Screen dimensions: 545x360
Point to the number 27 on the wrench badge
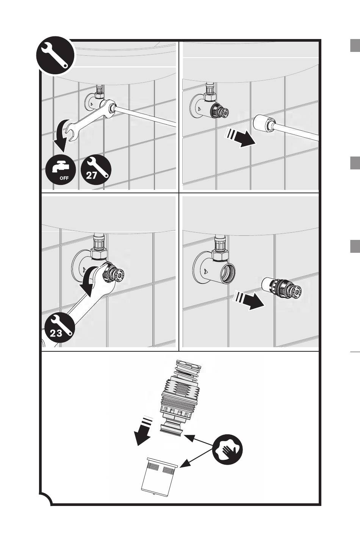click(92, 175)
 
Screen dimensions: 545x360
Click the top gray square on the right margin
click(355, 45)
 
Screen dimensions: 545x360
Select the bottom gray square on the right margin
click(355, 246)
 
